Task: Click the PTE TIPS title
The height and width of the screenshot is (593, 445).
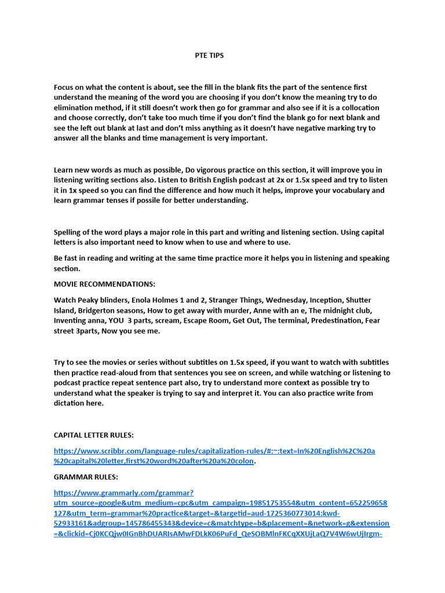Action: click(209, 56)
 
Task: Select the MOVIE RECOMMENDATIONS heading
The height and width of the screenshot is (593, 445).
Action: click(104, 284)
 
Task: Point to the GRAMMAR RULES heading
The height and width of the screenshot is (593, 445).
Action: click(86, 477)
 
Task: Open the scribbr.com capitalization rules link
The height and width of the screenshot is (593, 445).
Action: click(214, 451)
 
